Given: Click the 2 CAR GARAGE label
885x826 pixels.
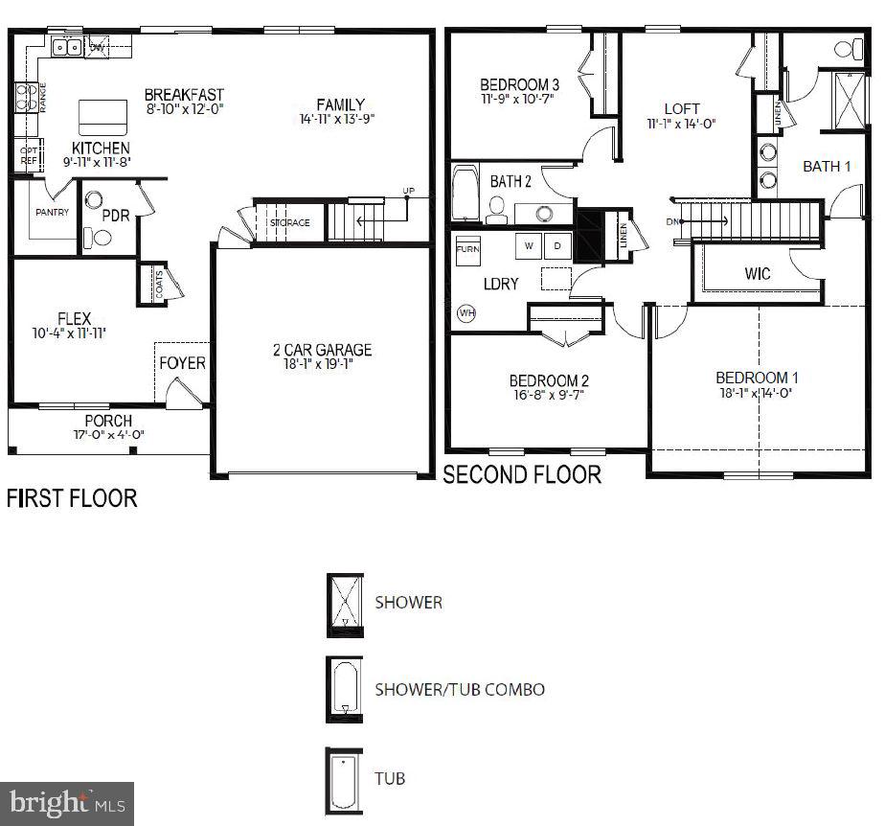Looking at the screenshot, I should (321, 350).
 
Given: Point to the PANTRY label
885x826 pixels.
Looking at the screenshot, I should (52, 212).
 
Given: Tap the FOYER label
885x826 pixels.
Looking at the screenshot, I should (182, 363).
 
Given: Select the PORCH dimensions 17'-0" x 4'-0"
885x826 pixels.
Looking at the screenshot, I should (108, 434).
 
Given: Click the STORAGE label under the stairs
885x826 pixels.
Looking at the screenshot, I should (289, 223).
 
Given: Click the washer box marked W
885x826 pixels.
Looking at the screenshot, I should (528, 245).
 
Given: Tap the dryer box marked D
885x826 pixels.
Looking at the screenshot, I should (556, 245).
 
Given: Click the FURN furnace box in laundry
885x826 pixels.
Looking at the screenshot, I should (467, 248).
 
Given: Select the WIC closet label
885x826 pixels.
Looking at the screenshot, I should (758, 274).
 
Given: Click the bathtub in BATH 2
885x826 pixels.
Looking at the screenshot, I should (465, 195).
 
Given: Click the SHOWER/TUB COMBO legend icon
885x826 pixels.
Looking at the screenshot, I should (343, 689).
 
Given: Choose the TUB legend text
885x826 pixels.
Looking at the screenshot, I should (390, 777).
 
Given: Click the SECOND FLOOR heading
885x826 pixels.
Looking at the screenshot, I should (522, 474).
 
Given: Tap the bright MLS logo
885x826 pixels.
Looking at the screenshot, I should (68, 803).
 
